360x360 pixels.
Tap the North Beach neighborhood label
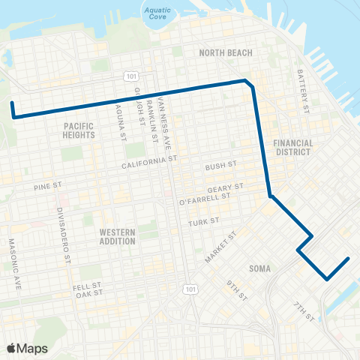pos(225,52)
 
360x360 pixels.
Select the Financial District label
pos(292,147)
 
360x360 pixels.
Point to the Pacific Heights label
pos(79,130)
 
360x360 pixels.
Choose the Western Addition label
pos(117,237)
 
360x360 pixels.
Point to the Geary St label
pos(228,186)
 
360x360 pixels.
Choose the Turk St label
pos(203,222)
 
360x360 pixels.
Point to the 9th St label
pos(237,289)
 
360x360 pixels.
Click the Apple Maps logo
pos(27,348)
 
